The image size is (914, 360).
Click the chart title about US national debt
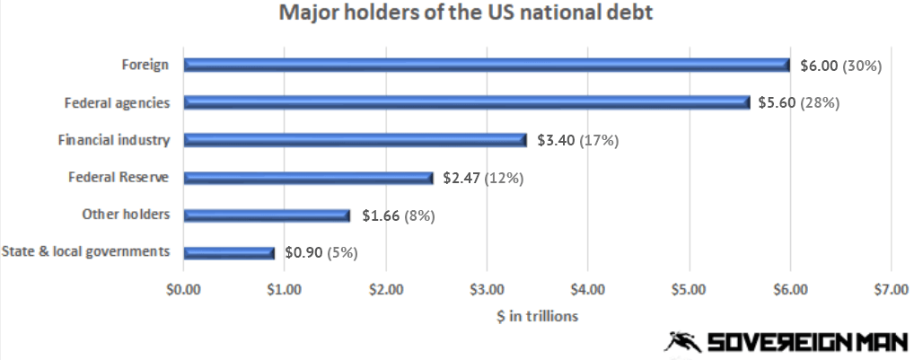coord(455,14)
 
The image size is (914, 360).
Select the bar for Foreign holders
coord(486,65)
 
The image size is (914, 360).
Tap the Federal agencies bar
coord(466,102)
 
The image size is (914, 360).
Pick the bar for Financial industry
coord(355,140)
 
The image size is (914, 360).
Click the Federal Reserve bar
coord(308,178)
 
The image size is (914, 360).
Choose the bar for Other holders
coord(267,215)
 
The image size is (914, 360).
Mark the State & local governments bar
coord(228,253)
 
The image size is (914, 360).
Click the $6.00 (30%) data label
coord(841,65)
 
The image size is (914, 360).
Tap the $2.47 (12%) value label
coord(483,178)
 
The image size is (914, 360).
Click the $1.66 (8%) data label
coord(398,215)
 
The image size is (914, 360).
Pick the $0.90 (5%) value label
coord(321,253)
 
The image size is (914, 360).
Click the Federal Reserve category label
coord(119,177)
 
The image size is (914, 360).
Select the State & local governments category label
coord(86,251)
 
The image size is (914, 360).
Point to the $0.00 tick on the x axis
coord(183,290)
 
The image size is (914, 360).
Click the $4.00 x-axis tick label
coord(587,290)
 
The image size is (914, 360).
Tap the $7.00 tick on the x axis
coord(890,290)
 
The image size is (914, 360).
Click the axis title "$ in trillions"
coord(537,316)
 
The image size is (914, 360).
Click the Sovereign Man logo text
coord(805,342)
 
